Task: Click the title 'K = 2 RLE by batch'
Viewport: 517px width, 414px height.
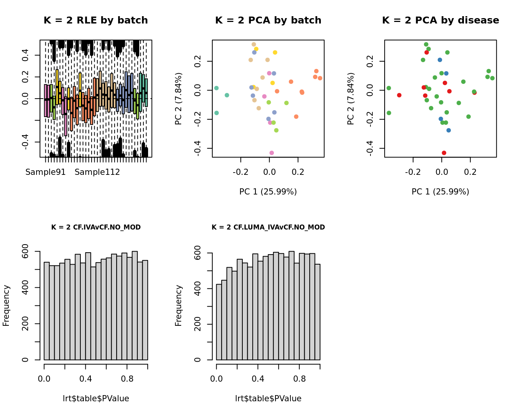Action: pyautogui.click(x=95, y=20)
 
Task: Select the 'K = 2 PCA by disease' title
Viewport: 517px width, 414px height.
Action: pyautogui.click(x=440, y=20)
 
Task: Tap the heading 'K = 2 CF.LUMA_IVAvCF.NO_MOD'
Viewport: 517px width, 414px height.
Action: pyautogui.click(x=268, y=227)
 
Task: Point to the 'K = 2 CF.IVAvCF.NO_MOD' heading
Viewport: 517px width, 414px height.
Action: pyautogui.click(x=96, y=227)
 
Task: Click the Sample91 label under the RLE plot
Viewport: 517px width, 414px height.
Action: pyautogui.click(x=45, y=172)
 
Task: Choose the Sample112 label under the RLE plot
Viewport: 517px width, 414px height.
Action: pyautogui.click(x=97, y=172)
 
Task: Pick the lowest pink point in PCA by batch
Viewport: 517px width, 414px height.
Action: pyautogui.click(x=272, y=153)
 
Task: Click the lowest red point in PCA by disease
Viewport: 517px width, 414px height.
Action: pyautogui.click(x=444, y=153)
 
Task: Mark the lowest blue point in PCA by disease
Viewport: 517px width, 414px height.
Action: pyautogui.click(x=449, y=130)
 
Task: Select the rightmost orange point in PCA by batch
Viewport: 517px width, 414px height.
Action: pyautogui.click(x=320, y=78)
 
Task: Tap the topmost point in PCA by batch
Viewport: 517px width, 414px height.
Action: pyautogui.click(x=254, y=45)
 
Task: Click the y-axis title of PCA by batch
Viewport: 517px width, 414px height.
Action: pyautogui.click(x=178, y=99)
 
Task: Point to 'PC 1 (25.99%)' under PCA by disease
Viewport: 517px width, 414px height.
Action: pyautogui.click(x=440, y=192)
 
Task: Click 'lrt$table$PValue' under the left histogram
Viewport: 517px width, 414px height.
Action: pyautogui.click(x=96, y=399)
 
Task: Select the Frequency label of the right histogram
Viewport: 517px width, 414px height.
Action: pyautogui.click(x=178, y=305)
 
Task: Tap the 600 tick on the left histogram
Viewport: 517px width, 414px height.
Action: pyautogui.click(x=25, y=251)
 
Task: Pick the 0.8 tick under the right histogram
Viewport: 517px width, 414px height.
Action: pyautogui.click(x=299, y=379)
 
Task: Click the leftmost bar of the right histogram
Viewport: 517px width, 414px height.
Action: pyautogui.click(x=219, y=322)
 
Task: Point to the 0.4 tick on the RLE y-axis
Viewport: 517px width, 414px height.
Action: pyautogui.click(x=25, y=55)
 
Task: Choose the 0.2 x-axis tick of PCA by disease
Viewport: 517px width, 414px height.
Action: pyautogui.click(x=470, y=171)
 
